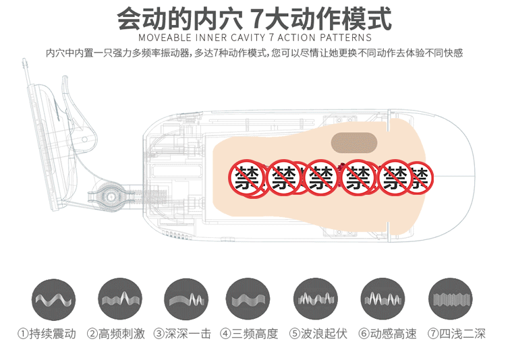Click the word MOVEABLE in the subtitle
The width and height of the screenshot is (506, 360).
pyautogui.click(x=165, y=38)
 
